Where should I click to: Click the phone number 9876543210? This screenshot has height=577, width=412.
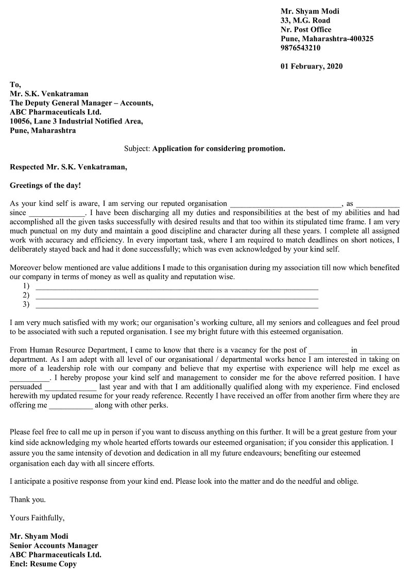click(x=300, y=48)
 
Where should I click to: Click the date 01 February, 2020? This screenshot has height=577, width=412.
click(x=311, y=66)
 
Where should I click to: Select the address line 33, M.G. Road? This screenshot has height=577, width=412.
click(x=305, y=21)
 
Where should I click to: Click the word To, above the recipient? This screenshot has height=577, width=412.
click(x=15, y=84)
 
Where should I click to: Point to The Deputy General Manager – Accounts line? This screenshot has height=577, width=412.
click(x=81, y=103)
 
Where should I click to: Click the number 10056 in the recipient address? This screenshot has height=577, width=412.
click(x=21, y=121)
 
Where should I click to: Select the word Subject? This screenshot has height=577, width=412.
click(x=137, y=149)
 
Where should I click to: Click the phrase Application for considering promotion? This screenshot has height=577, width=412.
click(x=219, y=149)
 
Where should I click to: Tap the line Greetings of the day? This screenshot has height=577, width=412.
click(x=45, y=185)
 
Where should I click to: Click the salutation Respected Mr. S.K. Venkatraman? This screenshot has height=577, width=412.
click(x=68, y=167)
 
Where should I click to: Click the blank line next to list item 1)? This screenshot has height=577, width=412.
click(x=176, y=287)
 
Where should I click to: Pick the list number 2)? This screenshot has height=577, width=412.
click(x=26, y=295)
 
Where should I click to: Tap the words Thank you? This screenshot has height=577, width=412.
click(x=28, y=499)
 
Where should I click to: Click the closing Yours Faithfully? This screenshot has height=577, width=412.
click(x=37, y=518)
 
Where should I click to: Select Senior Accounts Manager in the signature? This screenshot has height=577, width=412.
click(x=54, y=546)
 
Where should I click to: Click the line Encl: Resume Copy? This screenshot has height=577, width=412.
click(x=43, y=564)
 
